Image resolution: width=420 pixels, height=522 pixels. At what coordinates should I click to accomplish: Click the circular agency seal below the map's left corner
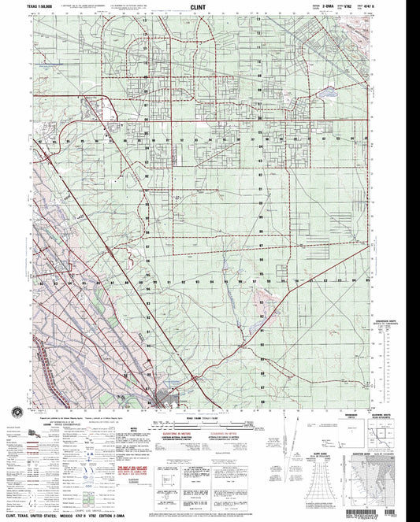(x=17, y=413)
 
